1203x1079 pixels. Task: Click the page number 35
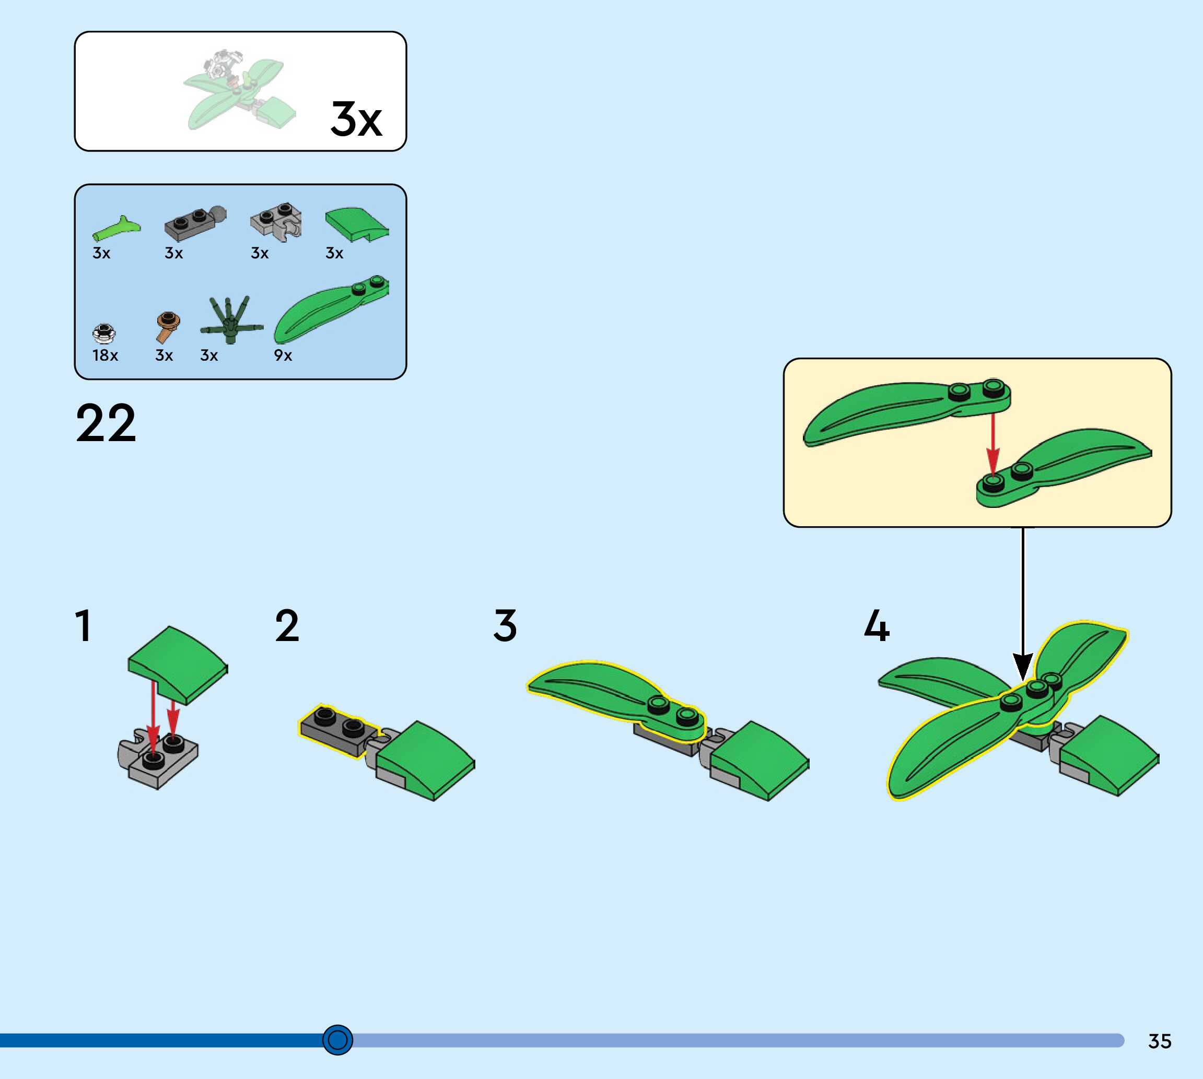(x=1159, y=1041)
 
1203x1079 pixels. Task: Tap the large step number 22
(x=106, y=423)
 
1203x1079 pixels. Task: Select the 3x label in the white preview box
(x=356, y=119)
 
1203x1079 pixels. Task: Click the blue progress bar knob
(x=337, y=1040)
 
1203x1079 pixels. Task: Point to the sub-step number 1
(x=84, y=625)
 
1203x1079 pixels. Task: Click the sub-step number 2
(x=287, y=625)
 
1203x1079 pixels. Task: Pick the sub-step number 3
(x=505, y=625)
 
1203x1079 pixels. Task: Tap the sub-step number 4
(x=877, y=625)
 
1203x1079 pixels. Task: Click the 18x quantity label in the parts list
(x=105, y=355)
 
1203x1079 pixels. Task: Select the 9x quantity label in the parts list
(x=283, y=355)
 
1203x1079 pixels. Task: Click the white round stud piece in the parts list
(x=104, y=334)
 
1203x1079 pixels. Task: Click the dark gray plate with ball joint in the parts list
(x=194, y=223)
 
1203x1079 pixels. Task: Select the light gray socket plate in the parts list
(x=276, y=220)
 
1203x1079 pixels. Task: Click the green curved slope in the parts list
(x=356, y=224)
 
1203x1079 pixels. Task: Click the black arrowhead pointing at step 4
(x=1023, y=667)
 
